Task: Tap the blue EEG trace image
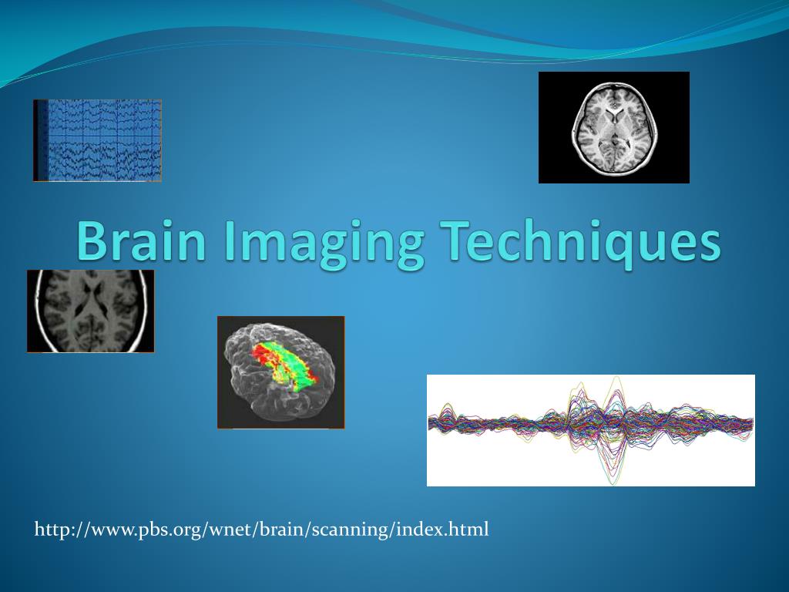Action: tap(98, 140)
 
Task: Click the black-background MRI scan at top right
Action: tap(613, 127)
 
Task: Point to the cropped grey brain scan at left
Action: tap(90, 311)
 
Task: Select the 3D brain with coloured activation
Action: tap(280, 372)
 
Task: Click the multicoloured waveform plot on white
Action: tap(590, 430)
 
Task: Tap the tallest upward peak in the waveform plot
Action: tap(616, 378)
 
